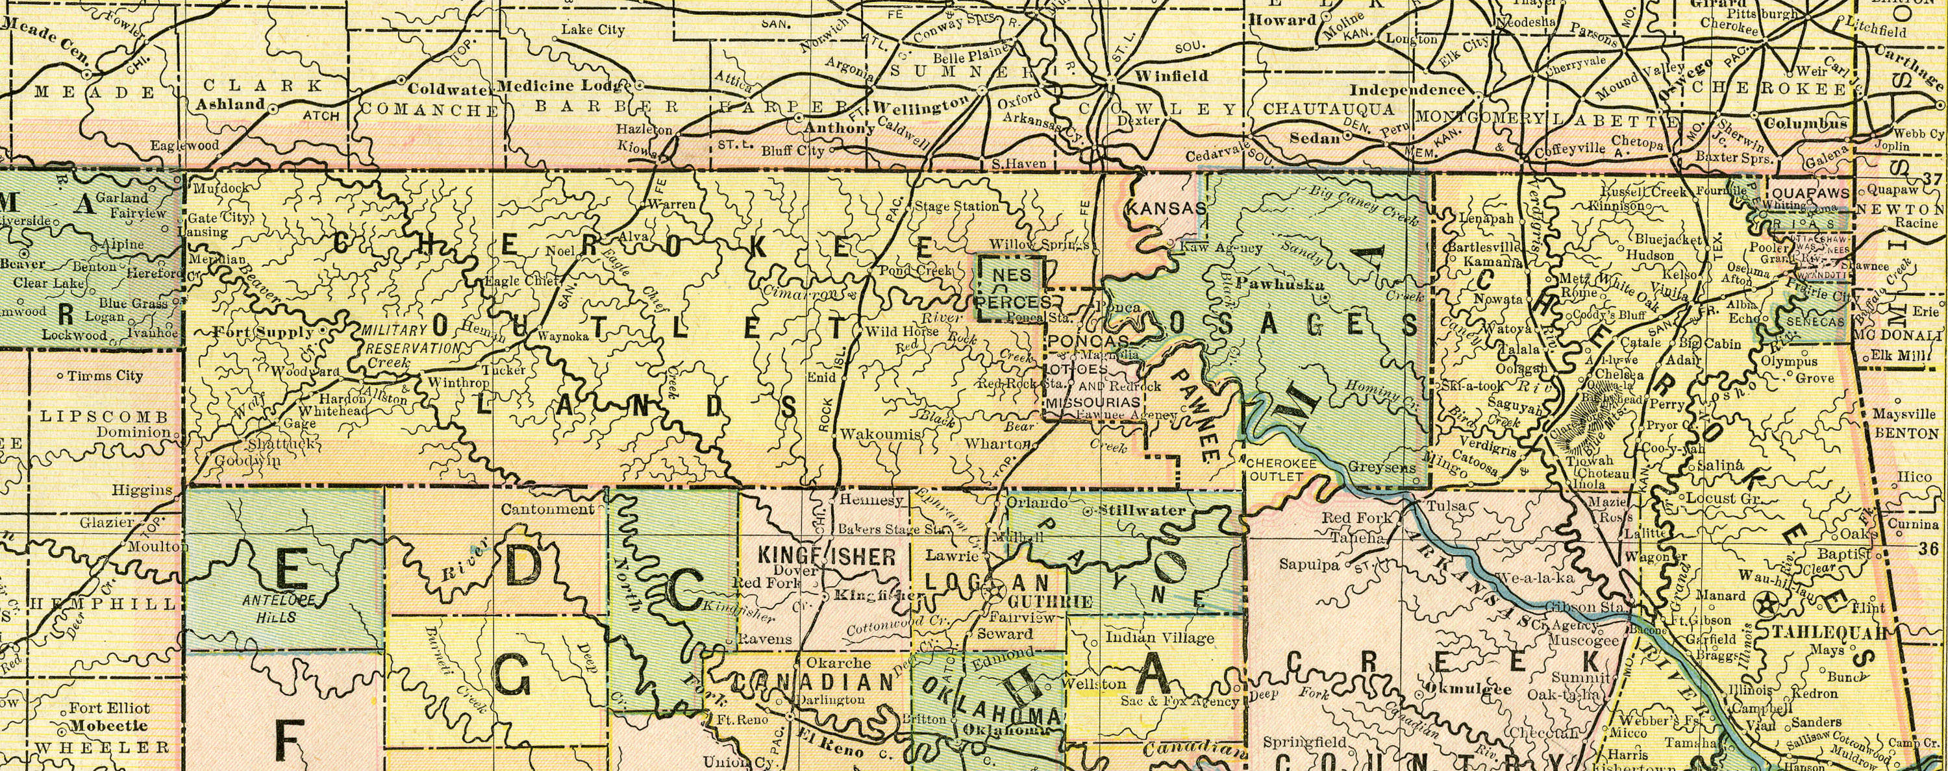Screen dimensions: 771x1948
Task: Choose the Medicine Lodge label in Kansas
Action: (564, 84)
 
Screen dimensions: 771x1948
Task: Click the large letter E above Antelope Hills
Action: (290, 568)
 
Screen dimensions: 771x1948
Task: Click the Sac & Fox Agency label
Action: (1179, 702)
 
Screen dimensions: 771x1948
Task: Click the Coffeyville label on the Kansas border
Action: (1569, 149)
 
